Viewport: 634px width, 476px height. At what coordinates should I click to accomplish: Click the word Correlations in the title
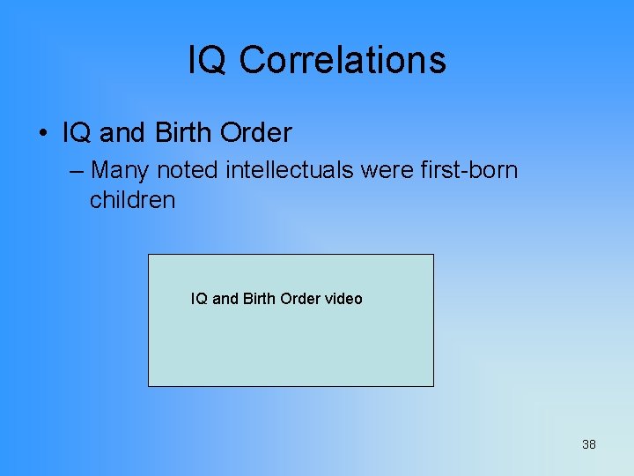coord(343,60)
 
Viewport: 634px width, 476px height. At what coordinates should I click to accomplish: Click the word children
coord(132,200)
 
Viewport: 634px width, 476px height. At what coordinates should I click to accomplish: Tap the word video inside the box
coord(343,299)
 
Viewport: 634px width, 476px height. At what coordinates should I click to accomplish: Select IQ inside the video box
coord(199,299)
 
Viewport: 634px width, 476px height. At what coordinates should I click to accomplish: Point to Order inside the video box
coord(300,299)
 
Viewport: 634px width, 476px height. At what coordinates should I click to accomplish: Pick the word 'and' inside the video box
coord(225,299)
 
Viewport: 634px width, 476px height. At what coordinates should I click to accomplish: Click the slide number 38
coord(588,444)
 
